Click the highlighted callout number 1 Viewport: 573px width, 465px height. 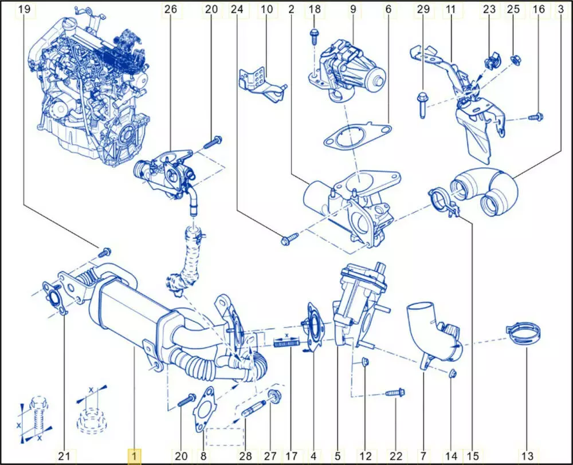pos(134,456)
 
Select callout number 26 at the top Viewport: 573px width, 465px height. pos(171,9)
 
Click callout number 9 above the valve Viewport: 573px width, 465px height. pos(353,9)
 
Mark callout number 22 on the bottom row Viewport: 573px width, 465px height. pos(396,456)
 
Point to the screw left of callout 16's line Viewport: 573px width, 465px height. pos(536,117)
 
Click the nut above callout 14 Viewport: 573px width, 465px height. pos(451,374)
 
